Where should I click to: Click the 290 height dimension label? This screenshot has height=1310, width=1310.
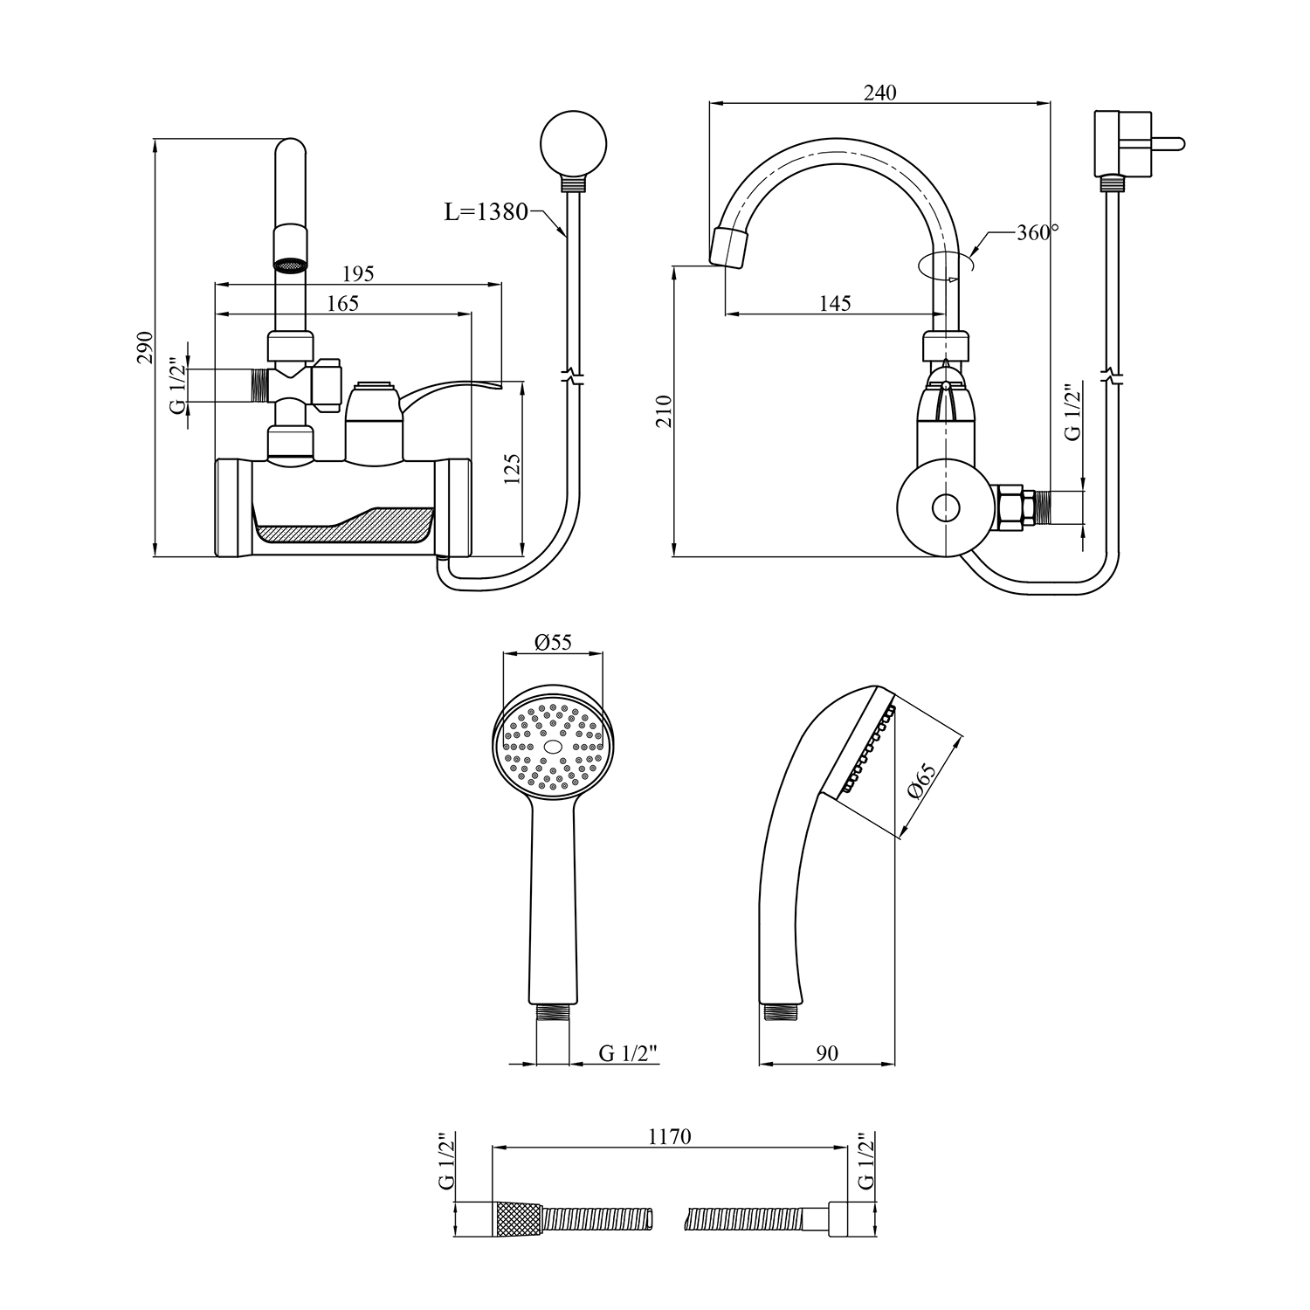[x=146, y=347]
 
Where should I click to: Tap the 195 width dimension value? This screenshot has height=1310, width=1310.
[x=357, y=273]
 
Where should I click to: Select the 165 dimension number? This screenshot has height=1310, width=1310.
[x=342, y=303]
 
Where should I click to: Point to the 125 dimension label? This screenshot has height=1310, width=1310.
[x=513, y=469]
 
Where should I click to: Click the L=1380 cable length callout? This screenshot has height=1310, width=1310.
[x=486, y=211]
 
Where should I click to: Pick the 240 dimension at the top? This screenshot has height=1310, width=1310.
[x=879, y=93]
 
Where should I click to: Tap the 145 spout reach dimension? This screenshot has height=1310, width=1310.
[x=835, y=303]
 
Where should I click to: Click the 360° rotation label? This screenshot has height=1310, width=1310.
[x=1038, y=232]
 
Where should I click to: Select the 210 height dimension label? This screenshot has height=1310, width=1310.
[x=663, y=411]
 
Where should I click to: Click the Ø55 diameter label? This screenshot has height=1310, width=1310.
[x=552, y=642]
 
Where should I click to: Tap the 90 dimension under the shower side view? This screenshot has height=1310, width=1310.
[x=826, y=1053]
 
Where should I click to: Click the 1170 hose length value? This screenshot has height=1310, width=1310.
[x=670, y=1136]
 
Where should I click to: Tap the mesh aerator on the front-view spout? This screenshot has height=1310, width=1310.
[x=291, y=264]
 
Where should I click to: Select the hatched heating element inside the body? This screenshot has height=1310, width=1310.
[x=345, y=527]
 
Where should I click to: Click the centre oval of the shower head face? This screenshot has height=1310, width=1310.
[x=552, y=748]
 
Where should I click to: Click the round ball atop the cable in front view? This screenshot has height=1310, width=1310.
[x=573, y=141]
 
